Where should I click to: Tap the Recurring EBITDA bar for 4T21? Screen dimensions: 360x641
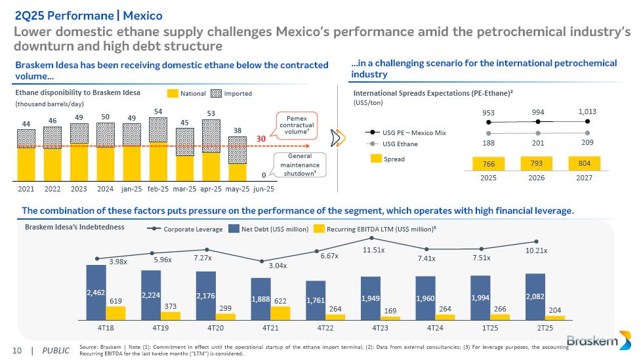pos(280,314)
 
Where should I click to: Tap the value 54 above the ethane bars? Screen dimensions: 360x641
pos(157,112)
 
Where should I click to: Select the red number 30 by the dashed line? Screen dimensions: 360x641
pos(260,139)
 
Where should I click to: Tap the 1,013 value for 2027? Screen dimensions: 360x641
pos(587,111)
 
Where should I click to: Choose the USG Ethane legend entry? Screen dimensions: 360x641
pos(400,144)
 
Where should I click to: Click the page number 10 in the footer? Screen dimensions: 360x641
pos(17,350)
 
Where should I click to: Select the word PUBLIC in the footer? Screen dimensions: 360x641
pos(56,350)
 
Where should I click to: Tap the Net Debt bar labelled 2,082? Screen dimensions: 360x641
pos(535,297)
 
